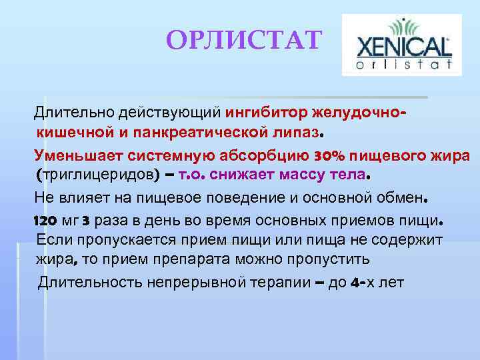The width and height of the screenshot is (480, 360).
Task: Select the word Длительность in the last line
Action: point(89,282)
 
